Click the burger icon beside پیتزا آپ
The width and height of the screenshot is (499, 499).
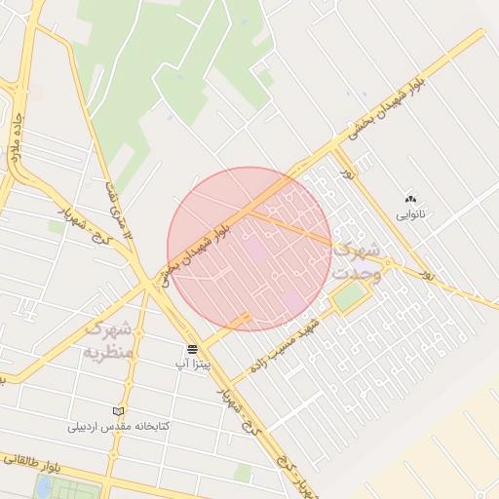(x=192, y=348)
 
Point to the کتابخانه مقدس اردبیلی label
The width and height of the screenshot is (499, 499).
(x=119, y=427)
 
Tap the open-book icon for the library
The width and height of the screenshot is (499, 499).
(x=119, y=412)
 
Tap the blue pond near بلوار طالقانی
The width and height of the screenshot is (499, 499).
(x=44, y=486)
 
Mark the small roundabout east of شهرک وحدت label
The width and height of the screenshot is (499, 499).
(x=387, y=262)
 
